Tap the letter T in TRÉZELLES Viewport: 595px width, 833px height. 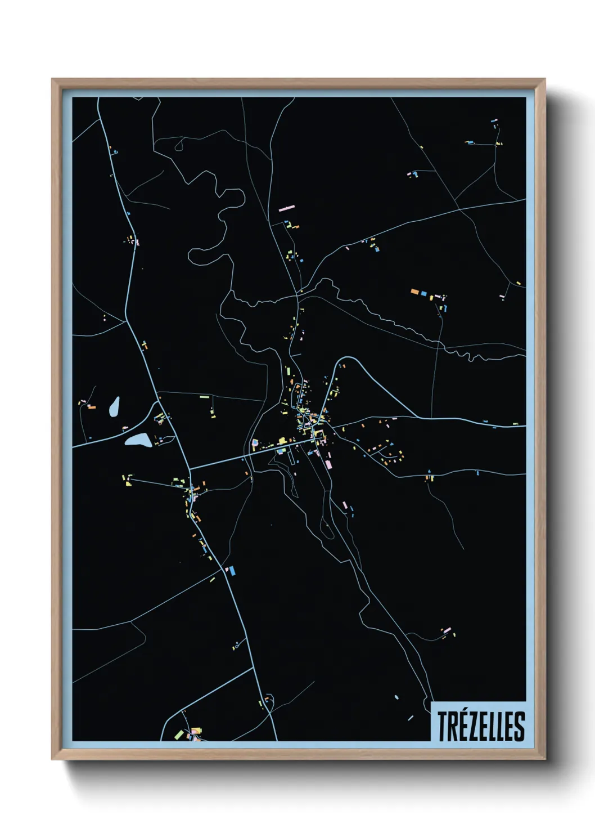[441, 727]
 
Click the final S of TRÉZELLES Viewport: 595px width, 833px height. [520, 727]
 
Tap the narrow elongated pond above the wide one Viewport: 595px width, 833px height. [114, 406]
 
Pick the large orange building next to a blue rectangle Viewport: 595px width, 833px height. [415, 292]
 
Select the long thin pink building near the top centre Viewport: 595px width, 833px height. [287, 208]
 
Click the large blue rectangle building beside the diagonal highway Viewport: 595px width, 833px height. [231, 571]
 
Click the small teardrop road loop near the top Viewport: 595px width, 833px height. [179, 145]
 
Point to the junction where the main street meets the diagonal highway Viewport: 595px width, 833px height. [190, 468]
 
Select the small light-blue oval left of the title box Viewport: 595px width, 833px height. [396, 697]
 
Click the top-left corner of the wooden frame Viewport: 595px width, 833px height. [52, 79]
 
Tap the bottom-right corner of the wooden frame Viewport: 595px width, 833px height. [545, 759]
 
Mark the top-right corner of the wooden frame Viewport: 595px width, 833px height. [545, 79]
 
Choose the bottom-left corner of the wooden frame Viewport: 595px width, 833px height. [52, 759]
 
